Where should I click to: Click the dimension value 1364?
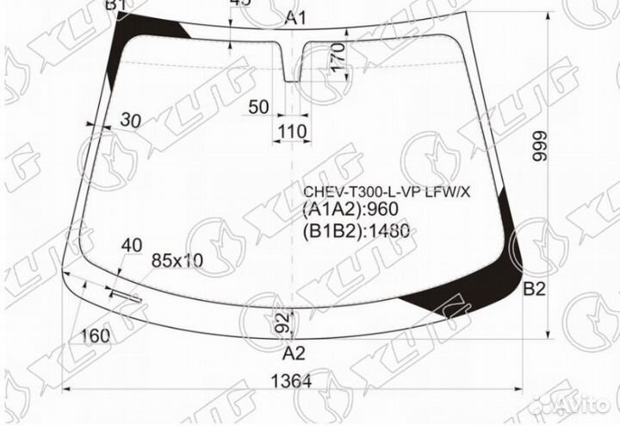pyautogui.click(x=286, y=381)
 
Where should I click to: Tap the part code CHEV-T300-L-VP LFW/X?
pyautogui.click(x=386, y=191)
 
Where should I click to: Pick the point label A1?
pyautogui.click(x=295, y=18)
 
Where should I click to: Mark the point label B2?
pyautogui.click(x=535, y=290)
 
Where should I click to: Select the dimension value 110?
pyautogui.click(x=292, y=132)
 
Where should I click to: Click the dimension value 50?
pyautogui.click(x=259, y=107)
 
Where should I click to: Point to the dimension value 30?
pyautogui.click(x=131, y=120)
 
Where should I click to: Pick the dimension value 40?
pyautogui.click(x=131, y=246)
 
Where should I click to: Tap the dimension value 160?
pyautogui.click(x=96, y=335)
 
